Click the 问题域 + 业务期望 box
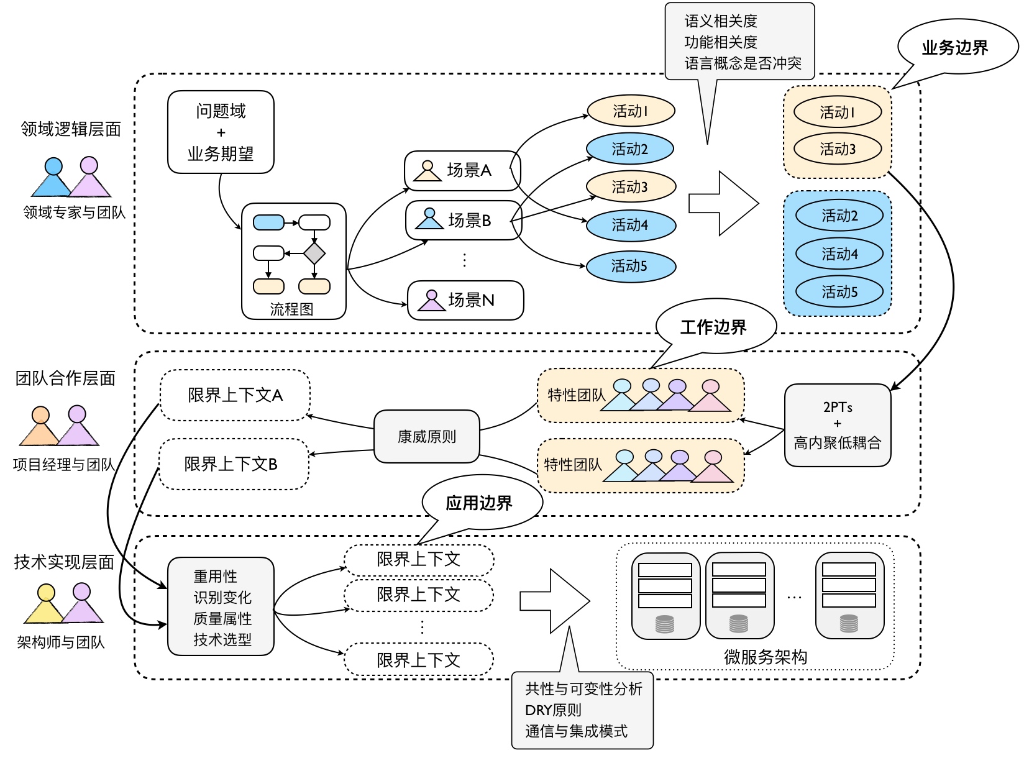[x=221, y=132]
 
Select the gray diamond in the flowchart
[x=314, y=253]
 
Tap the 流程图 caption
[x=291, y=309]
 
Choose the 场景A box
[x=462, y=170]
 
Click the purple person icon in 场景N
[x=431, y=301]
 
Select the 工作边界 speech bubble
[x=714, y=327]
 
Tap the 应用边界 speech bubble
[x=479, y=503]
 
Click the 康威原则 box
[x=426, y=437]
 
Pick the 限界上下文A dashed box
[x=235, y=395]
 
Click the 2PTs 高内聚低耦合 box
[x=837, y=425]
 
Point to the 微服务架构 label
[x=766, y=657]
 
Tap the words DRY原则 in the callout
[x=553, y=710]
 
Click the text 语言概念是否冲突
[x=743, y=63]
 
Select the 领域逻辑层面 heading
[x=71, y=129]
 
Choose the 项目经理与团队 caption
[x=64, y=465]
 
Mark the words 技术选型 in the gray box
[x=222, y=639]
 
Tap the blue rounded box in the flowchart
[x=268, y=222]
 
